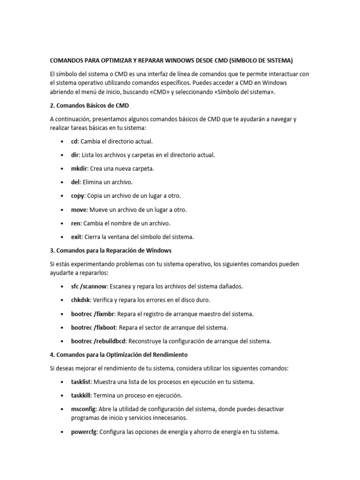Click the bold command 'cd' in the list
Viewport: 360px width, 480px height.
pyautogui.click(x=74, y=141)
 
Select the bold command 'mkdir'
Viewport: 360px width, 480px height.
pyautogui.click(x=79, y=168)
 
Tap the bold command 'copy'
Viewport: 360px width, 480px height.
pyautogui.click(x=77, y=195)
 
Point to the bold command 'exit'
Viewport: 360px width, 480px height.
pyautogui.click(x=76, y=237)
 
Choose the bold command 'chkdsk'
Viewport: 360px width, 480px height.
pyautogui.click(x=81, y=300)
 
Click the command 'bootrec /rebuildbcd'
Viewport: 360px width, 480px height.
pyautogui.click(x=98, y=341)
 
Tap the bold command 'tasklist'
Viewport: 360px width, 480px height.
pyautogui.click(x=81, y=382)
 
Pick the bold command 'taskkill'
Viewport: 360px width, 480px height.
pyautogui.click(x=81, y=396)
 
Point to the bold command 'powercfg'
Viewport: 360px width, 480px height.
pyautogui.click(x=84, y=432)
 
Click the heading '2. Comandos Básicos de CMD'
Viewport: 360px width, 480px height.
pyautogui.click(x=89, y=105)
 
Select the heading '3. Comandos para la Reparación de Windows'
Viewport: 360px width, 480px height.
pyautogui.click(x=114, y=250)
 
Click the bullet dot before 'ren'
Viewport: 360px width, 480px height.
pyautogui.click(x=62, y=223)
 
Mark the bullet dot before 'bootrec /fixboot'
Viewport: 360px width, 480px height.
pyautogui.click(x=62, y=328)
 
